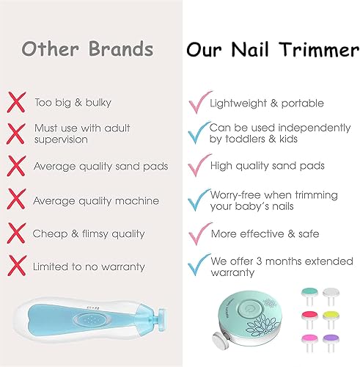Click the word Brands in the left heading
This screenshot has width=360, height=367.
(x=120, y=48)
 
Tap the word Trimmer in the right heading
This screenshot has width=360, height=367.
(x=319, y=50)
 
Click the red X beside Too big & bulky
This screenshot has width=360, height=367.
(x=16, y=102)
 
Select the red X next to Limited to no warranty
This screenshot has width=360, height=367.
(x=17, y=266)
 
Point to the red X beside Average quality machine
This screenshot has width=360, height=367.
(x=16, y=199)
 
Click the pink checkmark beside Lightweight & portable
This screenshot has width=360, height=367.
(x=200, y=102)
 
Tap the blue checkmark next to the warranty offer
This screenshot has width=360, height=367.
(x=199, y=265)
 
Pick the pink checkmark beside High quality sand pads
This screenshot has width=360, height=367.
(x=199, y=165)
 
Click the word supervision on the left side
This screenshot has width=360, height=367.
(x=61, y=139)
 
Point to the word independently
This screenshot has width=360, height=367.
(x=315, y=128)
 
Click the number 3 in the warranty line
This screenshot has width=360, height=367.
(x=259, y=261)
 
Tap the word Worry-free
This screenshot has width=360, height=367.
(x=235, y=195)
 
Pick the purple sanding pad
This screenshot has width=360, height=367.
(x=331, y=339)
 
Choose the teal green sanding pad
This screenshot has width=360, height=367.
(x=309, y=292)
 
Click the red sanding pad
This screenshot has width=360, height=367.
(x=309, y=316)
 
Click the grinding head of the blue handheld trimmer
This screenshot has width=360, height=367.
(x=162, y=320)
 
